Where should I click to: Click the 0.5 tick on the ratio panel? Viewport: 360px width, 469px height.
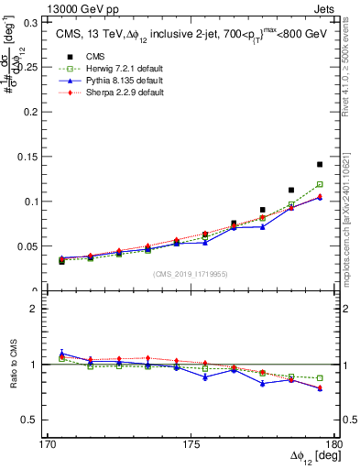(24, 420)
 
